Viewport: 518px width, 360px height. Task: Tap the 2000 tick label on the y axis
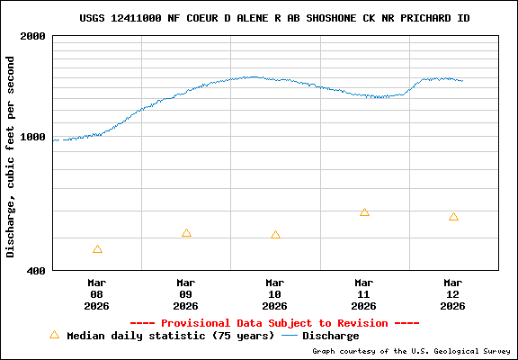[32, 37]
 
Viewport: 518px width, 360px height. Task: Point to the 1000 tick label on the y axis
[32, 138]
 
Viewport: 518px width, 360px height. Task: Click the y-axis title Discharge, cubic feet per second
[11, 157]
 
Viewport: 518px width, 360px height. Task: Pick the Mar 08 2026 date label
[97, 293]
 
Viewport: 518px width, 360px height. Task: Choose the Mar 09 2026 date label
[186, 293]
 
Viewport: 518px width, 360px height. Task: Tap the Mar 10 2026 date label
[275, 293]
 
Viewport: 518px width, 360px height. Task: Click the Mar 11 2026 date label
[364, 293]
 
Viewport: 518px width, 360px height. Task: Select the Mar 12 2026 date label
[453, 293]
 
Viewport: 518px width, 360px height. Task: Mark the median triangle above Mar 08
[97, 249]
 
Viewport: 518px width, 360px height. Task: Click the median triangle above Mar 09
[186, 233]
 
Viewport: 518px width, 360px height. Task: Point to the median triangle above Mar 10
[275, 235]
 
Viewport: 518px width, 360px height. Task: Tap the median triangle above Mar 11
[364, 212]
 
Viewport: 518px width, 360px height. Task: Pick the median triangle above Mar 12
[453, 217]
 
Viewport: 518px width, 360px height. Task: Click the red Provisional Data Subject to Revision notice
[274, 323]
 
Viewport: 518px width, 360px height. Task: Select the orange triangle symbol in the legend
[54, 335]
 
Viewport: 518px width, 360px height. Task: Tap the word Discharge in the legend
[330, 336]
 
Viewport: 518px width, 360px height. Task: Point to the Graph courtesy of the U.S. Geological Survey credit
[411, 351]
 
